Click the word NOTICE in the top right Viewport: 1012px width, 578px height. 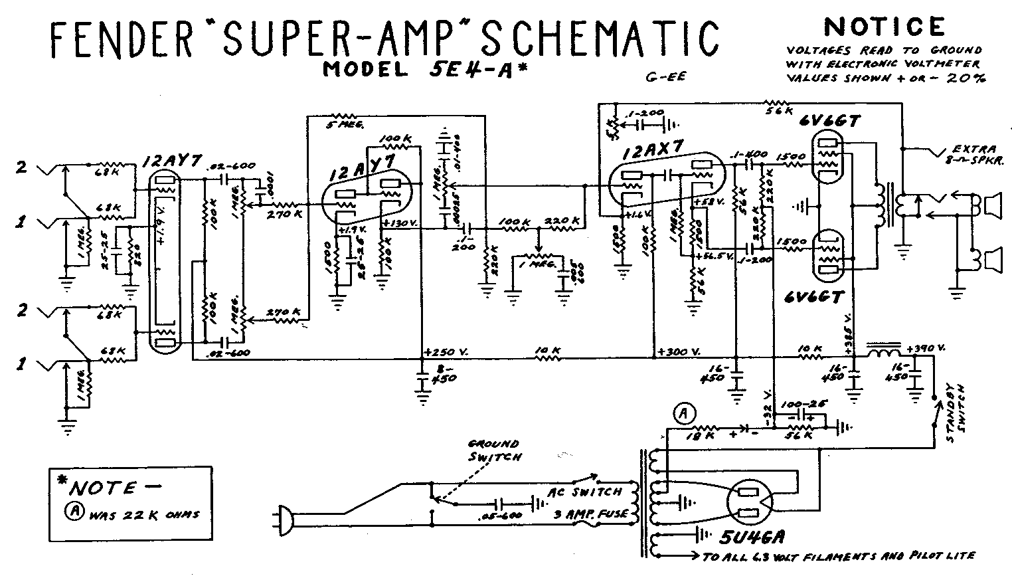883,27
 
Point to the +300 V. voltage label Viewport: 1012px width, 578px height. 681,352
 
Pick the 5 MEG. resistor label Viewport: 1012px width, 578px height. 342,124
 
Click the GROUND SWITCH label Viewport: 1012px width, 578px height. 494,450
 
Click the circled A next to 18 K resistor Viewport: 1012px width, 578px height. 684,413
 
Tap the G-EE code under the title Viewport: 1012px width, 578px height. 665,78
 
